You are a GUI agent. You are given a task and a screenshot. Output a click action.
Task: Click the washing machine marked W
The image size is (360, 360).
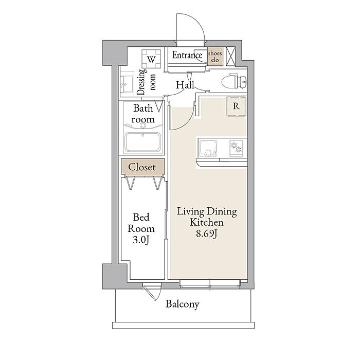tap(151, 59)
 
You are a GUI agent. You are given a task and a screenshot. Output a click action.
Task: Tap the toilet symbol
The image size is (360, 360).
tap(234, 81)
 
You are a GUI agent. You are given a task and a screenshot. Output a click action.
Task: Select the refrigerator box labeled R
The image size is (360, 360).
tap(236, 106)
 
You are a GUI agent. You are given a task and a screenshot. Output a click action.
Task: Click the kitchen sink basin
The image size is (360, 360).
tap(208, 148)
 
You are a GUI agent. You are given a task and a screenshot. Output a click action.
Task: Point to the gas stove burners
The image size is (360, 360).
tap(236, 148)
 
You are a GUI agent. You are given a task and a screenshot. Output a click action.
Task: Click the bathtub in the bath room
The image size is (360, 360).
tap(143, 142)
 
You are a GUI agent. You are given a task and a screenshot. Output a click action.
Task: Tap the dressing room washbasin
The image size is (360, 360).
tap(127, 84)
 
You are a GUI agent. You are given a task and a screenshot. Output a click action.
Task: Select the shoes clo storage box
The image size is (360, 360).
tap(215, 56)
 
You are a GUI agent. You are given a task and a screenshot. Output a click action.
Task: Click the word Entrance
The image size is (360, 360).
tap(187, 55)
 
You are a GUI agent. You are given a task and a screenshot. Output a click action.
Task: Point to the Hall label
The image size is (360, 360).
tap(185, 85)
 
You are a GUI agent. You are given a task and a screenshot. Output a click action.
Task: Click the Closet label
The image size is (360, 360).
tap(142, 167)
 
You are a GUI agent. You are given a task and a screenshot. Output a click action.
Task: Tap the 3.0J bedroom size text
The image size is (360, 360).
tap(141, 240)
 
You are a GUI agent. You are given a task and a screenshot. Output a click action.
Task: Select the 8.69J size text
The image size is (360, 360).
tap(207, 233)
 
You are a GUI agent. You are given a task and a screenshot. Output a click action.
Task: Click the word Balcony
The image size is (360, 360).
tap(183, 304)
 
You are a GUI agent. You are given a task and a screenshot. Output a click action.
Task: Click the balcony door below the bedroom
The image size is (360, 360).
tap(152, 291)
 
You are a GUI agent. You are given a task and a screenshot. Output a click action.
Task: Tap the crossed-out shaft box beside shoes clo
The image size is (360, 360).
tap(230, 56)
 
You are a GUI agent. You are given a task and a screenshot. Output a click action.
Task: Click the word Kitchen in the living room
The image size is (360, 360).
tap(207, 222)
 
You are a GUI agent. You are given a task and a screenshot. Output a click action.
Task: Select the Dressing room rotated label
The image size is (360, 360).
tap(146, 82)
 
